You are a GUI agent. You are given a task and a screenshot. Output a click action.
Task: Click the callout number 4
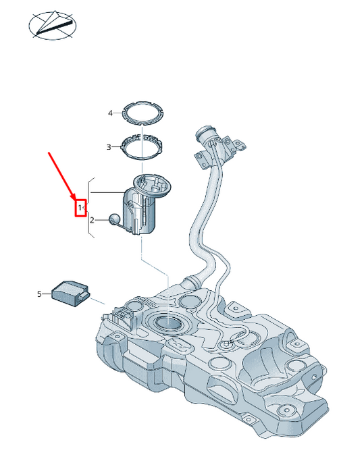[110, 113]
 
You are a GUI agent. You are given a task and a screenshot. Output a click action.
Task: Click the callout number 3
[109, 147]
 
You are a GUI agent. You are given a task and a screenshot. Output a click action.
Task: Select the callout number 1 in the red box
[80, 207]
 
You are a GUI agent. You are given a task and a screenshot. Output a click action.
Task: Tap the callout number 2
[92, 220]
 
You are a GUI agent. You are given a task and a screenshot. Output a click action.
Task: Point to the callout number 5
[39, 294]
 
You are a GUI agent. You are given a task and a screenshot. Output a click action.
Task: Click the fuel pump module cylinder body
[140, 213]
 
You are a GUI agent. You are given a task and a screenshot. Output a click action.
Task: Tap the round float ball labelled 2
[114, 219]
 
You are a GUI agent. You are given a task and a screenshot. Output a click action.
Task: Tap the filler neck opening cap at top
[205, 133]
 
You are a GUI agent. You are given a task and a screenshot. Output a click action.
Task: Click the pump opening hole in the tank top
[168, 323]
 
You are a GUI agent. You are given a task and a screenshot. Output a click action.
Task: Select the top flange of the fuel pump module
[152, 186]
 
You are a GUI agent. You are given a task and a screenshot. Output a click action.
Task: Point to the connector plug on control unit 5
[84, 296]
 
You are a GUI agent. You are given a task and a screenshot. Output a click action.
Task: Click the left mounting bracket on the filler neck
[201, 159]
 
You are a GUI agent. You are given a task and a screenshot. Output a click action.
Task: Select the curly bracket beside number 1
[88, 207]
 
